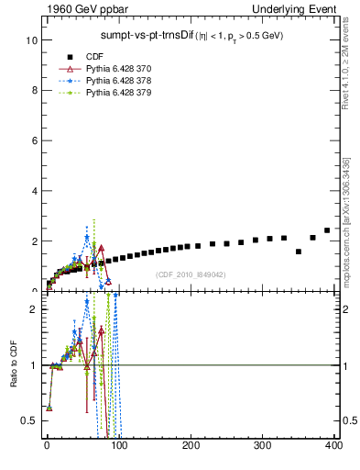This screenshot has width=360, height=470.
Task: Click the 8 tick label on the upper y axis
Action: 32,91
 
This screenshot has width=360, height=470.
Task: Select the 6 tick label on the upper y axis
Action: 32,140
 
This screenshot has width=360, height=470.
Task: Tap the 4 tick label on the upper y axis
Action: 32,191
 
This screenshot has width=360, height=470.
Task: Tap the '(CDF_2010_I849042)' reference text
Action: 191,274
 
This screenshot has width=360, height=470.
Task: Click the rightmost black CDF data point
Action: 327,230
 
